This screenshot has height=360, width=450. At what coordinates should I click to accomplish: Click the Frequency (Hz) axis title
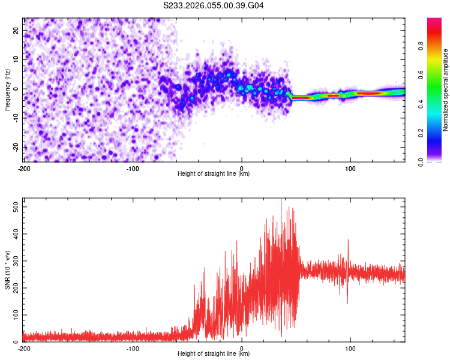7,89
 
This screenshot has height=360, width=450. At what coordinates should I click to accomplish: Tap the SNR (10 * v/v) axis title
7,269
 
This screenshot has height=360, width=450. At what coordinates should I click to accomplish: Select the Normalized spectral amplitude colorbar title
445,90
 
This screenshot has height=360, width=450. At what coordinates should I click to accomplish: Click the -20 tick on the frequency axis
16,147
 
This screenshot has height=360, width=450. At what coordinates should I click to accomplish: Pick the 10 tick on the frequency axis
17,59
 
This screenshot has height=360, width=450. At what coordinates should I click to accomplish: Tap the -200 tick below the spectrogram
24,167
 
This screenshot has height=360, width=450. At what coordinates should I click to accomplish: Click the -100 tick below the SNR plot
133,348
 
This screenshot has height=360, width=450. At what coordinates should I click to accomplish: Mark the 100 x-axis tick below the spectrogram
350,167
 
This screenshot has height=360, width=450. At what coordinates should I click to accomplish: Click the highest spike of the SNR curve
281,199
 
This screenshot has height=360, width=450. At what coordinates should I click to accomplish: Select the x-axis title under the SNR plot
214,354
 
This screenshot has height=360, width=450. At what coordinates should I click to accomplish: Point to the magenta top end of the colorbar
434,20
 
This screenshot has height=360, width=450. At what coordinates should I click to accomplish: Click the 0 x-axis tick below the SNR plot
242,348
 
